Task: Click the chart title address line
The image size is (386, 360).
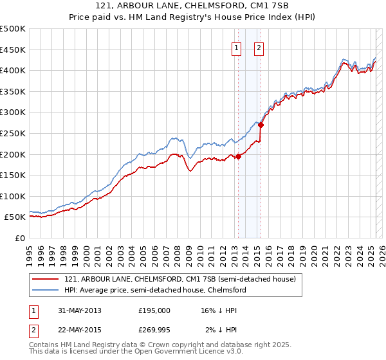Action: [x=192, y=6]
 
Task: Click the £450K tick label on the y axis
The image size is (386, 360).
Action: [x=13, y=50]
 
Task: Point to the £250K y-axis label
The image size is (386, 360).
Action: [x=13, y=134]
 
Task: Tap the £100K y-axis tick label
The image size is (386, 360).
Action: [x=13, y=196]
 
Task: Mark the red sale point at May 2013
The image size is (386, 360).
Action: [x=238, y=156]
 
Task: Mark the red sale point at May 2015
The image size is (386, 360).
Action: [x=261, y=125]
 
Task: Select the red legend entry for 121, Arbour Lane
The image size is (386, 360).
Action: [x=179, y=279]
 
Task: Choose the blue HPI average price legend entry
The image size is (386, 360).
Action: [x=155, y=290]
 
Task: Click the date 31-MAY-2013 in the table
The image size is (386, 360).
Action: [x=79, y=310]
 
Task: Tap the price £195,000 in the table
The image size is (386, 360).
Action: [x=154, y=310]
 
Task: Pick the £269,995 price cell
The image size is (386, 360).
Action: [x=154, y=329]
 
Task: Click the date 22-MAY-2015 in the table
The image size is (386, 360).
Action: [x=79, y=329]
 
